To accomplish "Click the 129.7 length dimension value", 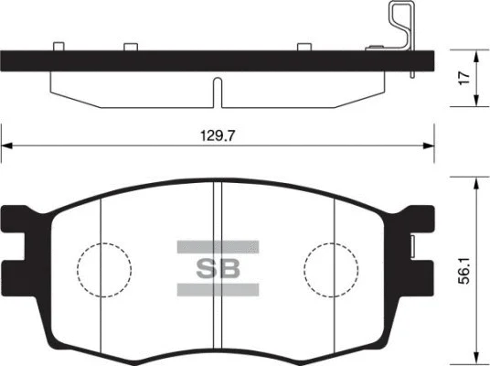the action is click(x=217, y=135).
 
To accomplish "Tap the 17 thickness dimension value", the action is click(x=464, y=78).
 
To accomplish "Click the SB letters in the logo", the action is click(x=218, y=268).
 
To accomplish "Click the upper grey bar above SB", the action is click(x=218, y=247).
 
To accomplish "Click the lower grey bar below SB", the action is click(x=218, y=290).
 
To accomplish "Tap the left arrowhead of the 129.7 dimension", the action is click(x=7, y=145).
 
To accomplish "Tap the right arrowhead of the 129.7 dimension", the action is click(x=429, y=145).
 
